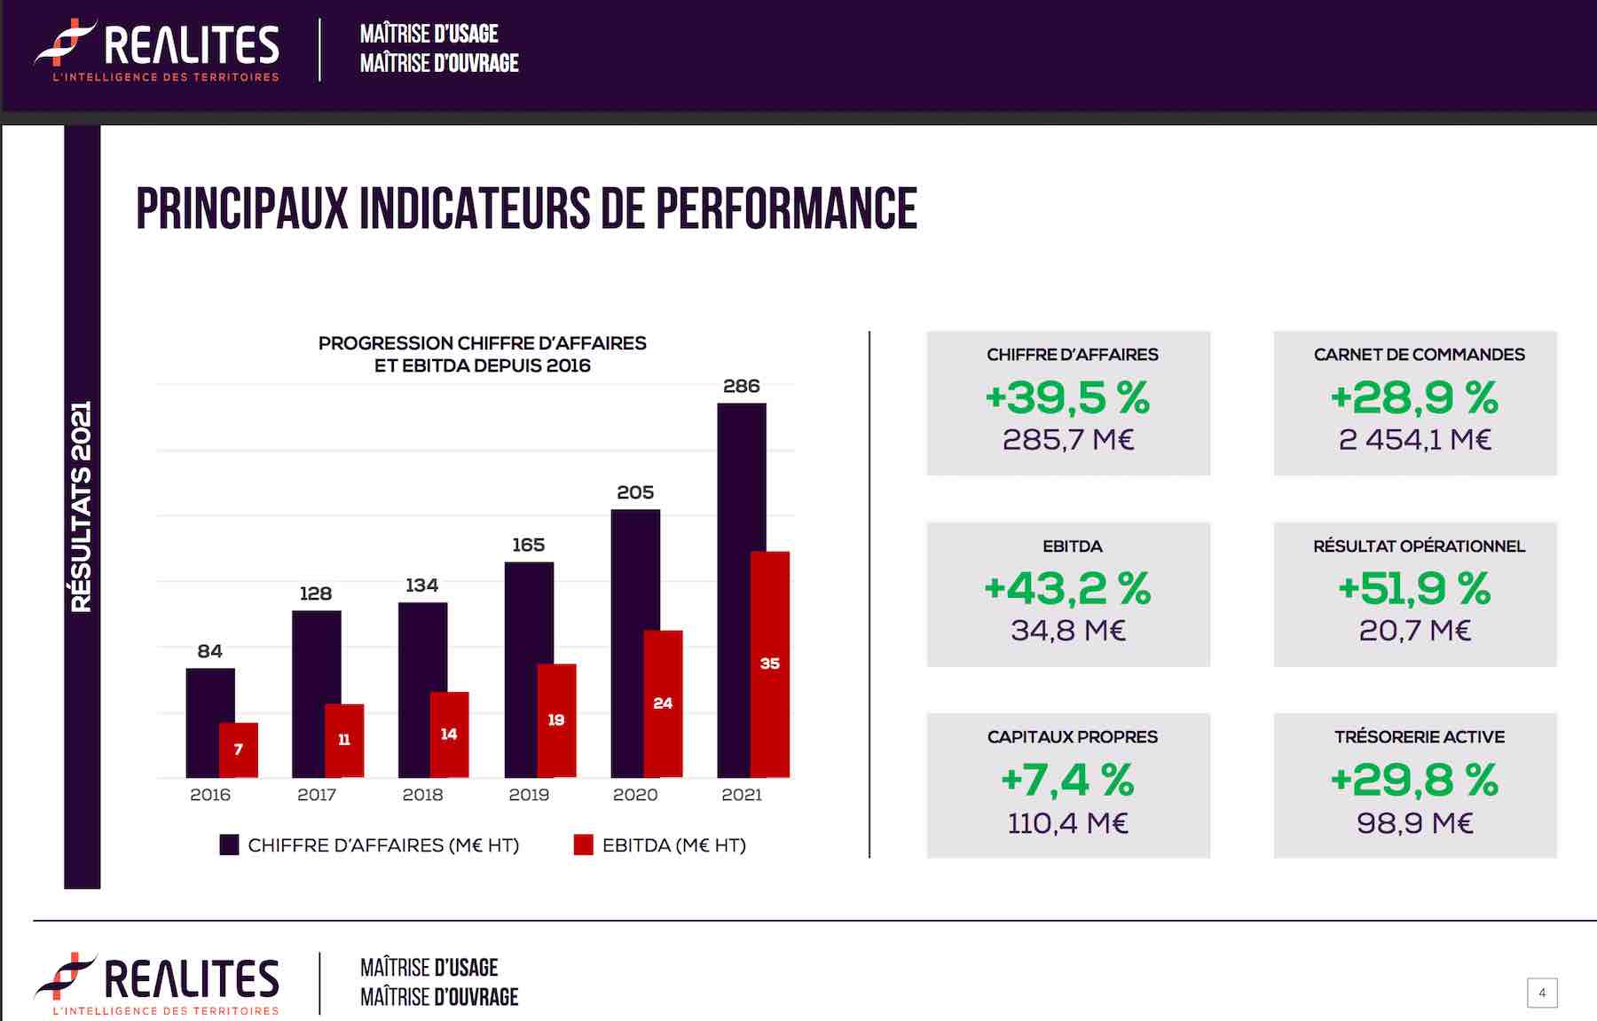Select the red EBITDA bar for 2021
coord(770,664)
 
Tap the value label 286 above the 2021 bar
coord(742,386)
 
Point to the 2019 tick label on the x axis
coord(529,795)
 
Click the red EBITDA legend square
coord(583,844)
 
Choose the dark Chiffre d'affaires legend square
coord(229,844)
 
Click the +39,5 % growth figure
coord(1068,397)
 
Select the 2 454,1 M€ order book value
coord(1415,440)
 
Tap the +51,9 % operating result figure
coord(1415,588)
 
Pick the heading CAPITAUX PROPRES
coord(1072,737)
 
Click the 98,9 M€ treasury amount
coord(1415,823)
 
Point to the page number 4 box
coord(1542,993)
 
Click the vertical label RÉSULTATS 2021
coord(82,507)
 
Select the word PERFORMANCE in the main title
coord(786,209)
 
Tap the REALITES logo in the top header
coord(157,50)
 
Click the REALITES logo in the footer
coord(157,984)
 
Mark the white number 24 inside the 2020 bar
coord(663,703)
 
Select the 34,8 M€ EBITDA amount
coord(1068,631)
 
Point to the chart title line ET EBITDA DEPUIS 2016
coord(482,365)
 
